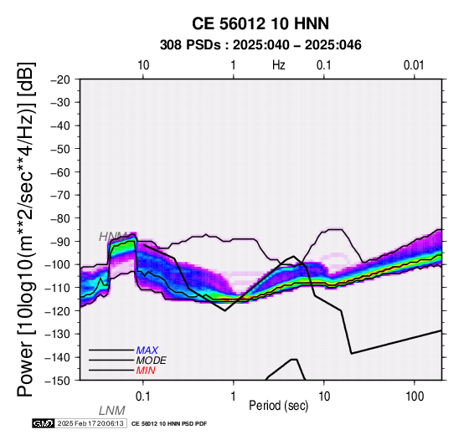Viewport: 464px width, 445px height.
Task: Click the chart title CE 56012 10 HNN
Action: tap(260, 23)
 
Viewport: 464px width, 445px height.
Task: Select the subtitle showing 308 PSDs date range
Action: tap(260, 45)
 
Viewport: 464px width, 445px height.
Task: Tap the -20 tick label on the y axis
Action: tap(59, 79)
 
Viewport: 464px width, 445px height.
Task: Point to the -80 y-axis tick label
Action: tap(59, 218)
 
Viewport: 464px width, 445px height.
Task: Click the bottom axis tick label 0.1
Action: tap(142, 396)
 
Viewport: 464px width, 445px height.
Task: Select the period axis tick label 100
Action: tap(415, 396)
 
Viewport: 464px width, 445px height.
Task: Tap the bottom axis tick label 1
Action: tap(234, 396)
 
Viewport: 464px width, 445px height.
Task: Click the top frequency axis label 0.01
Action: tap(414, 65)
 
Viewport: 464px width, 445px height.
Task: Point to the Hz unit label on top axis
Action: tap(278, 65)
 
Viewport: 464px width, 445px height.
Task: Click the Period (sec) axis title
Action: tap(278, 406)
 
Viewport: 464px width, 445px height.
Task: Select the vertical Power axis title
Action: tap(26, 230)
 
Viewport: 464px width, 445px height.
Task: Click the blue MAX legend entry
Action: tap(147, 350)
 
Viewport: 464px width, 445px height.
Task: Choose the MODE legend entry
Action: tap(152, 361)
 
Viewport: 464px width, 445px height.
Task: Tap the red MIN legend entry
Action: tap(146, 371)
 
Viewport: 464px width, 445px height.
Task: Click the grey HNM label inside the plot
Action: tap(113, 237)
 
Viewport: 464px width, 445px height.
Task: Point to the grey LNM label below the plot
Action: tap(112, 411)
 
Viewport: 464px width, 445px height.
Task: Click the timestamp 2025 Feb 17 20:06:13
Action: tap(90, 424)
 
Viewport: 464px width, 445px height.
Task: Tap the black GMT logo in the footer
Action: tap(44, 424)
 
